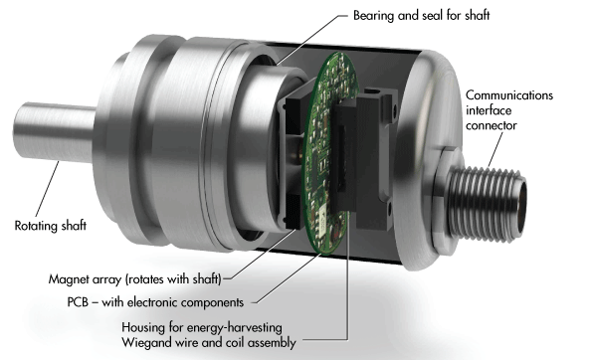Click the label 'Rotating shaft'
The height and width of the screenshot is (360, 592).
(51, 225)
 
